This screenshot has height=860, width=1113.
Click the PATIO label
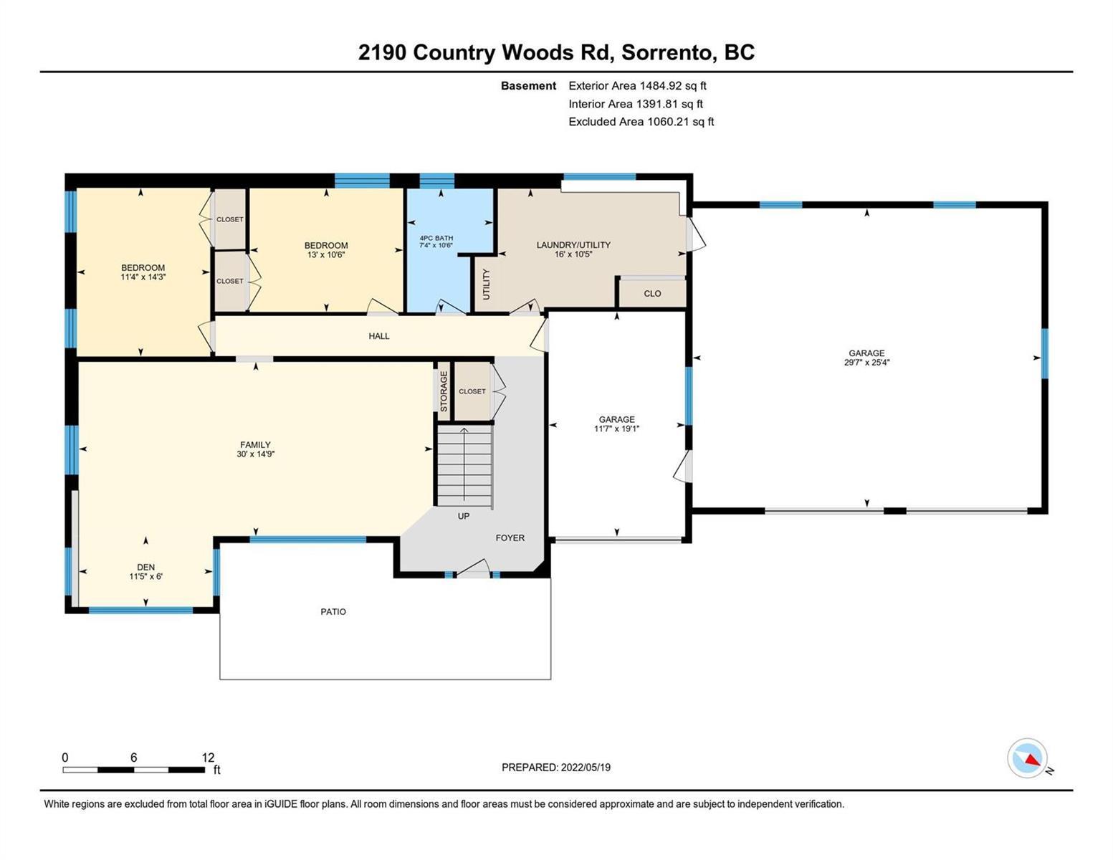tap(333, 611)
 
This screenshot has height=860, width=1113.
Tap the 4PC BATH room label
tap(436, 238)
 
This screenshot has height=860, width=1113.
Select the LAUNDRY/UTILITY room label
tap(573, 245)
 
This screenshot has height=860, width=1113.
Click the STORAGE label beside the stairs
tap(444, 391)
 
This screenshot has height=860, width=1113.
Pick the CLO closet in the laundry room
tap(652, 294)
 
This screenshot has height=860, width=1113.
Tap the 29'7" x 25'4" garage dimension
tap(866, 362)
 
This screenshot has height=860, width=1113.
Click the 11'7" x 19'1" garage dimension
tap(616, 429)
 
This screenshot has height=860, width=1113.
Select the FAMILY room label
tap(255, 444)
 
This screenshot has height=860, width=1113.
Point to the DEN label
tap(146, 567)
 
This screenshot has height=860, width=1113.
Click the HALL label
tap(379, 336)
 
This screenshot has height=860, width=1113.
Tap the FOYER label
tap(510, 537)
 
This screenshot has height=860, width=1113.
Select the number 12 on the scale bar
tap(208, 757)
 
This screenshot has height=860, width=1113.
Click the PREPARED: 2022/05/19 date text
tap(555, 768)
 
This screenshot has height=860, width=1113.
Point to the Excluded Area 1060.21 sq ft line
tap(641, 122)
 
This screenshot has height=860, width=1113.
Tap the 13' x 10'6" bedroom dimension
tap(326, 254)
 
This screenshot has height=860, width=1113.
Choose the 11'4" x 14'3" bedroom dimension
tap(143, 277)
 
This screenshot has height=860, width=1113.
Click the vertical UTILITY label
tap(486, 285)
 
